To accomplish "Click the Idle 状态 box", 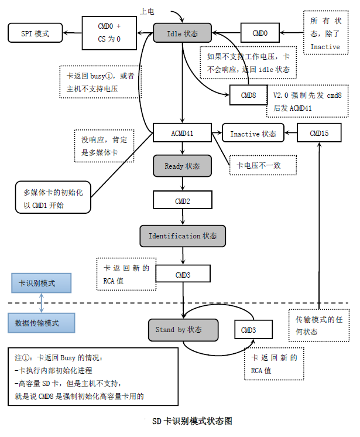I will (x=183, y=33).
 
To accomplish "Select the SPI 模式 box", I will (x=36, y=33).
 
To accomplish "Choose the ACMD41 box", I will (x=181, y=134).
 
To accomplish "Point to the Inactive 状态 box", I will (x=253, y=134).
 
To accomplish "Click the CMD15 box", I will (x=320, y=134).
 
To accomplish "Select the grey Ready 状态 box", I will (x=182, y=166).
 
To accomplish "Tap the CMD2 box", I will (x=182, y=200).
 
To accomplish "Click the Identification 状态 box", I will (x=182, y=235).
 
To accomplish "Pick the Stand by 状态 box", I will (x=182, y=330).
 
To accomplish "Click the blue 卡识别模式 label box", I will (x=41, y=283).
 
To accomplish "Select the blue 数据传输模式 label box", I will (x=41, y=322).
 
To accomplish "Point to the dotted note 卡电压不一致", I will (x=262, y=166).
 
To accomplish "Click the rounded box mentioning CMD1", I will (x=53, y=197).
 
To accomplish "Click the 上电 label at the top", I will (x=148, y=11).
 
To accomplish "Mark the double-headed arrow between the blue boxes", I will (x=41, y=302).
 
